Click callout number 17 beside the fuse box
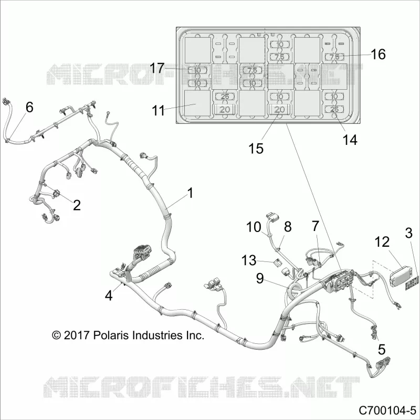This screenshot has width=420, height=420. tap(156, 68)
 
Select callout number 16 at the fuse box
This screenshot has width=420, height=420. tap(378, 54)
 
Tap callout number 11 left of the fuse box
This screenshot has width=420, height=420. tap(158, 110)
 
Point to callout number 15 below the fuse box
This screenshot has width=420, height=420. tap(256, 148)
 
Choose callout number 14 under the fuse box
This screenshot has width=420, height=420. tap(350, 140)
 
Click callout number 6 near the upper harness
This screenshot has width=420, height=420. tap(29, 108)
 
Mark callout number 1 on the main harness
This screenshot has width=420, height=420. tap(190, 193)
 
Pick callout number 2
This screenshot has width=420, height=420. tap(77, 205)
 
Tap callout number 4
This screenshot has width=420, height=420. tap(109, 296)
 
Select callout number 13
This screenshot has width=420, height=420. tap(249, 260)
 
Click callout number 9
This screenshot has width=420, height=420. tap(260, 279)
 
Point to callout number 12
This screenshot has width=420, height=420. tap(382, 242)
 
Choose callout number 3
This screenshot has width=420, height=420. tap(408, 233)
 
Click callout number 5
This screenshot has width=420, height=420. tap(382, 350)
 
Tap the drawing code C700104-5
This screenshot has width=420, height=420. tap(387, 410)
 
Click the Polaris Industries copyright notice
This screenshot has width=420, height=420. tap(128, 335)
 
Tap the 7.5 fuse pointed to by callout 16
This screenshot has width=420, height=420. tap(334, 57)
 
